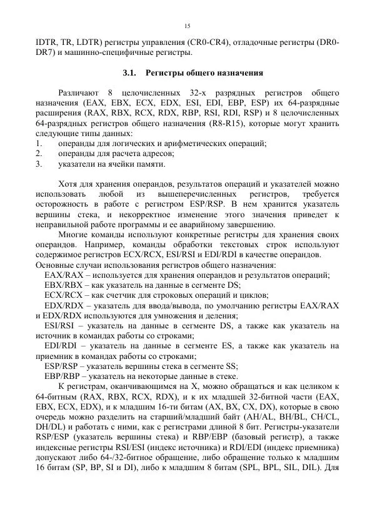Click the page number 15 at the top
tap(187, 26)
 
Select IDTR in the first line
tap(47, 42)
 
